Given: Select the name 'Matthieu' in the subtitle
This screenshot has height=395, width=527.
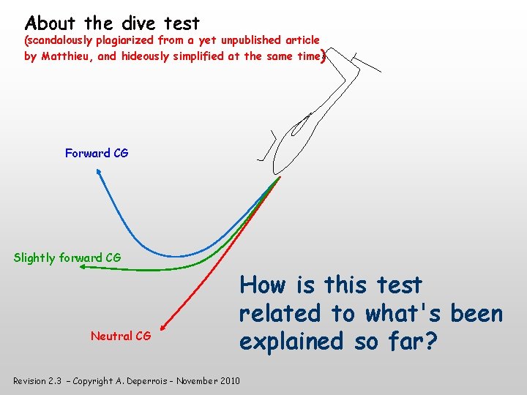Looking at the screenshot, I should (x=71, y=56).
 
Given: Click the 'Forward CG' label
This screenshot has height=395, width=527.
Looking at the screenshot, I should (x=97, y=153).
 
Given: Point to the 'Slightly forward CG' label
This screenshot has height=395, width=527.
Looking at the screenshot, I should (x=67, y=257).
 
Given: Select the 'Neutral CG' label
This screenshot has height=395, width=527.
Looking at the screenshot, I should (x=121, y=336).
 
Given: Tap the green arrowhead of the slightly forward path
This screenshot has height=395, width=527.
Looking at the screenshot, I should (x=83, y=268).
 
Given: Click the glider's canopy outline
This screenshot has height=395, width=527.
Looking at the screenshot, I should (x=300, y=124).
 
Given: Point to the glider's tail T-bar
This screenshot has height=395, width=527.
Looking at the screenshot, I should (x=366, y=63).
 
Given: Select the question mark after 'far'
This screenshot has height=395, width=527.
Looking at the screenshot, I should (x=431, y=341).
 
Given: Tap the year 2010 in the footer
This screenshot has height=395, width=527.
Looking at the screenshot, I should (x=227, y=381).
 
